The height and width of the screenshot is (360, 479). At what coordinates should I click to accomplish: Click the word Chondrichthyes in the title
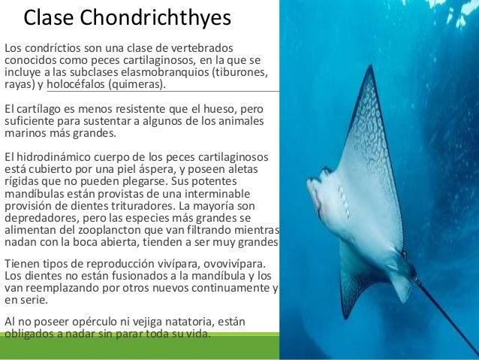point(160,17)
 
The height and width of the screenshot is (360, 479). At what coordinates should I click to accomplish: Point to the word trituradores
point(138,210)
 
